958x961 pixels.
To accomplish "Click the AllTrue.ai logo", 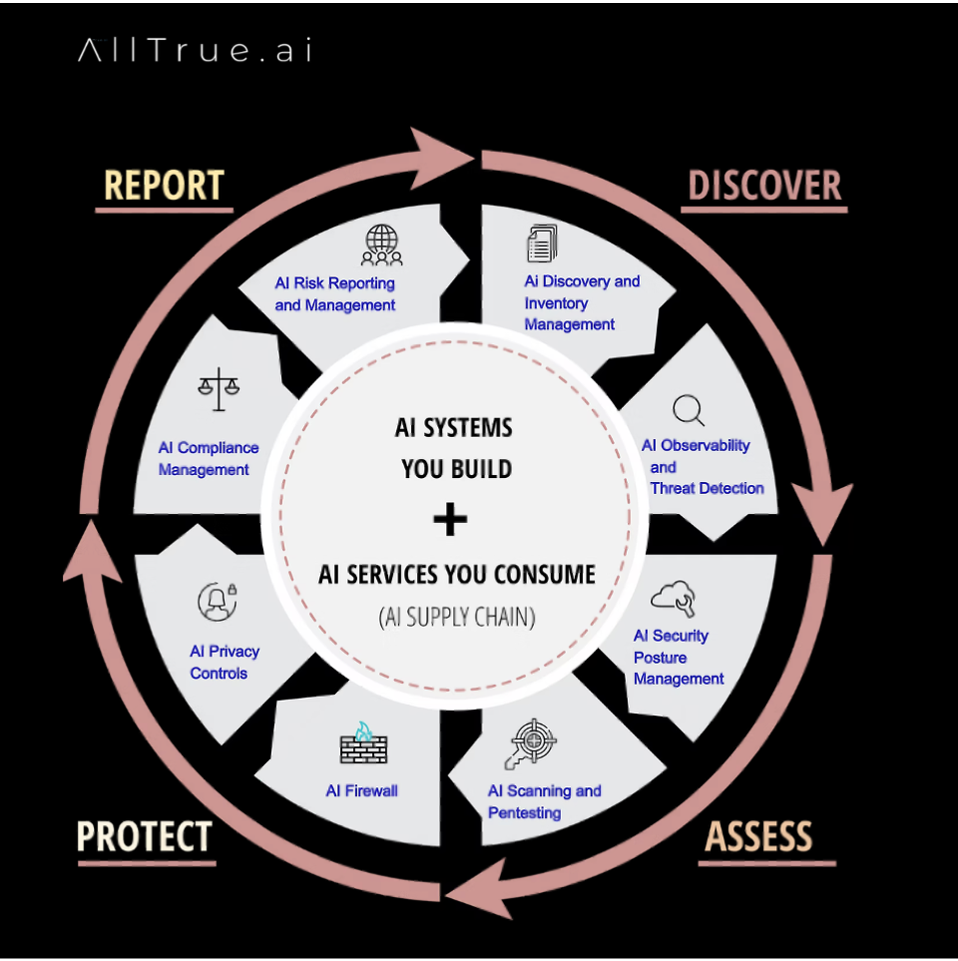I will pyautogui.click(x=195, y=51).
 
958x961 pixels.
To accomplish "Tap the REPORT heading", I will pyautogui.click(x=165, y=186).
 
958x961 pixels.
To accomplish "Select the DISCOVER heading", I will pyautogui.click(x=764, y=186).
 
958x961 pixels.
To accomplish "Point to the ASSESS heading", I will pyautogui.click(x=759, y=836).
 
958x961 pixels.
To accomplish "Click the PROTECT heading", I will pyautogui.click(x=145, y=836).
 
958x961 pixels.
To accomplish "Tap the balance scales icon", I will pyautogui.click(x=220, y=389).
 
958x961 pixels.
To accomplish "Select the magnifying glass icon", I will pyautogui.click(x=689, y=410).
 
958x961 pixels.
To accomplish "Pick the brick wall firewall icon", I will pyautogui.click(x=362, y=743).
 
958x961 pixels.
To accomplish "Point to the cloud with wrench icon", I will pyautogui.click(x=673, y=598).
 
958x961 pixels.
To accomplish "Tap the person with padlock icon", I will pyautogui.click(x=217, y=601).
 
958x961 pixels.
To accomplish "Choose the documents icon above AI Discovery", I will pyautogui.click(x=541, y=243).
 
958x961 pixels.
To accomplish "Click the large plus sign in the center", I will pyautogui.click(x=451, y=519).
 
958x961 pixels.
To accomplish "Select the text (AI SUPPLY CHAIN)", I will pyautogui.click(x=457, y=618).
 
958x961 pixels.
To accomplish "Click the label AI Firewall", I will pyautogui.click(x=361, y=791).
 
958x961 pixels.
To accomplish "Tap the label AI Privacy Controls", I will pyautogui.click(x=225, y=663).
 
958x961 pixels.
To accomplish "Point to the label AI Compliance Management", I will pyautogui.click(x=208, y=459).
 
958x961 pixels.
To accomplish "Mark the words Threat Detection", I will pyautogui.click(x=707, y=488).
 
